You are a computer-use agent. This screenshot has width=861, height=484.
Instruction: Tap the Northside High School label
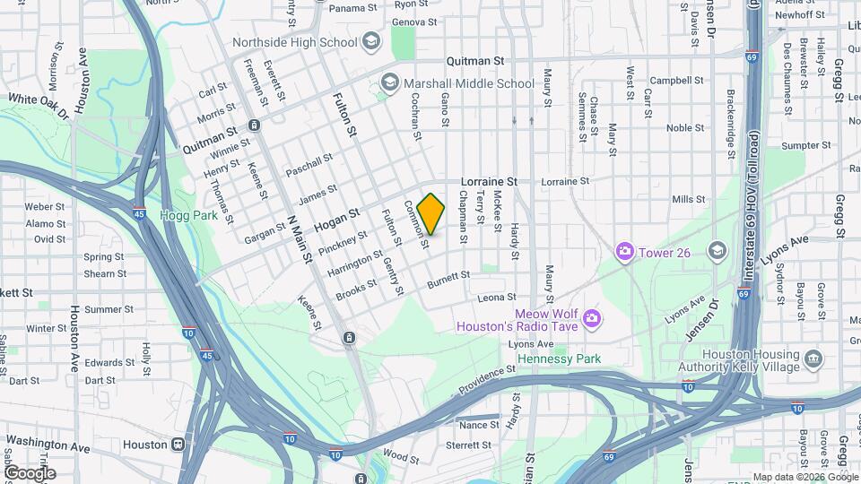(x=295, y=42)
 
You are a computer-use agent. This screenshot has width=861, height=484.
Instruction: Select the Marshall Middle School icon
(x=389, y=83)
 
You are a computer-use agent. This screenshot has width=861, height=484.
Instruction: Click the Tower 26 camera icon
(x=624, y=252)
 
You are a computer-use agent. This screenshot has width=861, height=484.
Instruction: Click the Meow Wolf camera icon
(x=591, y=318)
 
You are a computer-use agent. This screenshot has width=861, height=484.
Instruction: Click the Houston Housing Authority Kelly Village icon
(x=813, y=360)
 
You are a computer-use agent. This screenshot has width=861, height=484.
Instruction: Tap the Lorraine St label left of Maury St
(x=490, y=181)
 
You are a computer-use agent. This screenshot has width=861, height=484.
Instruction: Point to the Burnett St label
(x=448, y=282)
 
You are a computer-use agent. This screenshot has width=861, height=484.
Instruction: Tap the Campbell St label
(x=676, y=80)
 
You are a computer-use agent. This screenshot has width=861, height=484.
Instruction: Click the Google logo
(x=30, y=472)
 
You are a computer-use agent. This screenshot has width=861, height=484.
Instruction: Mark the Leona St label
(x=499, y=298)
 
